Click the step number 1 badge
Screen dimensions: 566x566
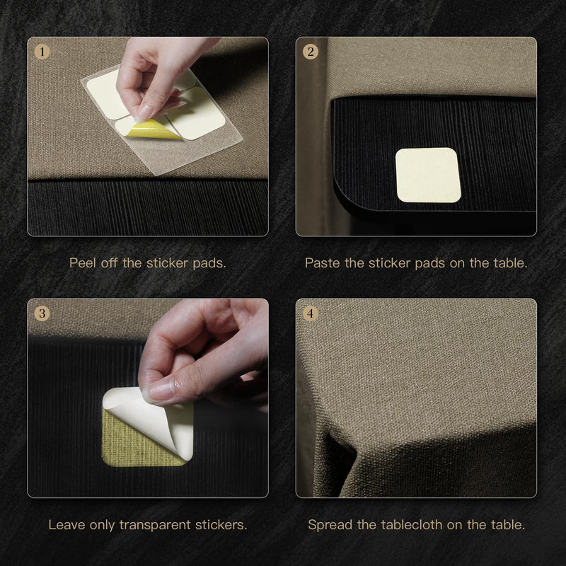tap(42, 52)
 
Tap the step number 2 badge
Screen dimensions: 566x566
tap(311, 52)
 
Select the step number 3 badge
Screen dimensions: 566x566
tap(42, 313)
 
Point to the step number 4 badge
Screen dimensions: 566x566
tap(311, 313)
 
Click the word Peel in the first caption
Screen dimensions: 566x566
tap(83, 262)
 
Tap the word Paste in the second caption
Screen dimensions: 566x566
tap(323, 262)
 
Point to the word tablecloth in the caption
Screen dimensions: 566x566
tap(411, 524)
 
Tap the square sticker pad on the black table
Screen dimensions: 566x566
tap(428, 175)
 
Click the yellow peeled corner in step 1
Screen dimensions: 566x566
tap(154, 129)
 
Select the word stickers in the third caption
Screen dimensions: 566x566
tap(221, 525)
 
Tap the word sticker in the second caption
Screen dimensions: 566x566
tap(390, 262)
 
